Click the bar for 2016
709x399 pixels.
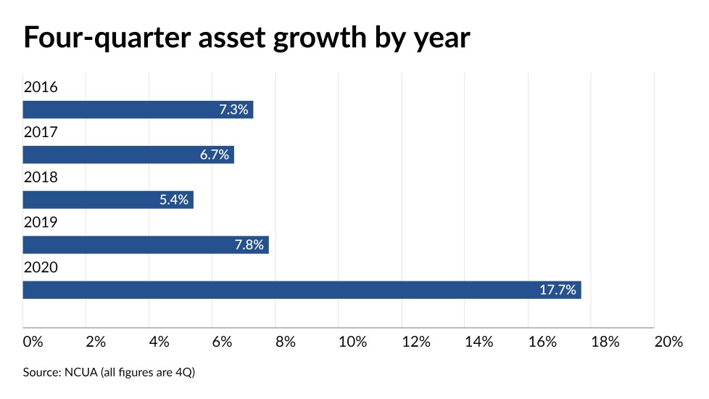(138, 110)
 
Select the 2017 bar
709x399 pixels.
(128, 155)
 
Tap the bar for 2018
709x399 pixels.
(108, 199)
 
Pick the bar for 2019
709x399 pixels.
(146, 244)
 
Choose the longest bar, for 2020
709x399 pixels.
(302, 290)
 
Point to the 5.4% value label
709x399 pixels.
(174, 200)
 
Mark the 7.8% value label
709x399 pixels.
(249, 245)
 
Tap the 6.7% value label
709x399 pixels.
(215, 155)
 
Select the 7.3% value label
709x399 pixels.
(233, 110)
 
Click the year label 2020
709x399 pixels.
(41, 268)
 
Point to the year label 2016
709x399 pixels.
(41, 88)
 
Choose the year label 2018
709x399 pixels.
(41, 178)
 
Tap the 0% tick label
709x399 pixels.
(33, 342)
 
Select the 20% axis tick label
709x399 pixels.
(668, 342)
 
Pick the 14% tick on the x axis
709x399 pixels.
(478, 342)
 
